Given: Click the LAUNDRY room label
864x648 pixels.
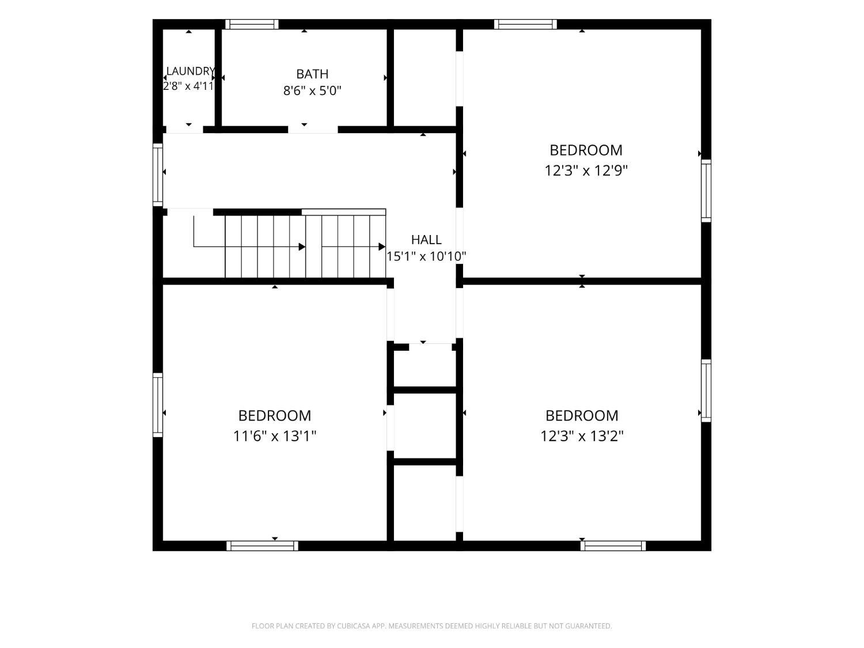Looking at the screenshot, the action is (x=191, y=71).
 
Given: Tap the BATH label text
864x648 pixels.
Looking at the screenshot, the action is (x=312, y=74).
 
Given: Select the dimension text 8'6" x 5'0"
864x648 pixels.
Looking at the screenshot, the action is (x=312, y=91).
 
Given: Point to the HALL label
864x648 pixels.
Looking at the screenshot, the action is (x=426, y=240).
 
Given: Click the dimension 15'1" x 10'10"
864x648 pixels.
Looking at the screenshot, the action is (x=426, y=256).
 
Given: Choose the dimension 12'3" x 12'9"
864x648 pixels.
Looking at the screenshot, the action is (x=586, y=170).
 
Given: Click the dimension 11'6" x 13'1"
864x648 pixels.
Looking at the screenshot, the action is (x=275, y=436).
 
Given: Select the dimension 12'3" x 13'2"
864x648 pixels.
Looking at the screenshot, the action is (x=582, y=436).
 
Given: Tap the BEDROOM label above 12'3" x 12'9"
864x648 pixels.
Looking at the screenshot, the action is (x=586, y=150).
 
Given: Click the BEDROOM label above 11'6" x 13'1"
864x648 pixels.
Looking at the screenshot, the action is (x=275, y=415).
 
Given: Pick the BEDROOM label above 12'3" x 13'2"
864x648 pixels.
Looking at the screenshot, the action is (x=582, y=415).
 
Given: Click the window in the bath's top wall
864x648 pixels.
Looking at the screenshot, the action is (x=252, y=24).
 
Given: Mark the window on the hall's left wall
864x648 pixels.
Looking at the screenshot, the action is (x=158, y=175).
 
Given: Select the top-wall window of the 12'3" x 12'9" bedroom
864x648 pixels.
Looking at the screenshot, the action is (x=525, y=24).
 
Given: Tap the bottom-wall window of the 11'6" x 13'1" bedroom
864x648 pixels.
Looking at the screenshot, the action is (x=262, y=545).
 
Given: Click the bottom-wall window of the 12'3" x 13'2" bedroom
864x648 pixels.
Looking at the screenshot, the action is (x=613, y=545).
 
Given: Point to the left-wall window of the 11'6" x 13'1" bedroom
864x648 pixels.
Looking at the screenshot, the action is (x=158, y=405).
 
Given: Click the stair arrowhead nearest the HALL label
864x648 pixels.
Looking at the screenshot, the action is (x=382, y=247).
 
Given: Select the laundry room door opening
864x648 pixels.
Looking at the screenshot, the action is (x=184, y=130).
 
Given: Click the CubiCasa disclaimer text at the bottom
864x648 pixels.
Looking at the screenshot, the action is (x=432, y=626).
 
